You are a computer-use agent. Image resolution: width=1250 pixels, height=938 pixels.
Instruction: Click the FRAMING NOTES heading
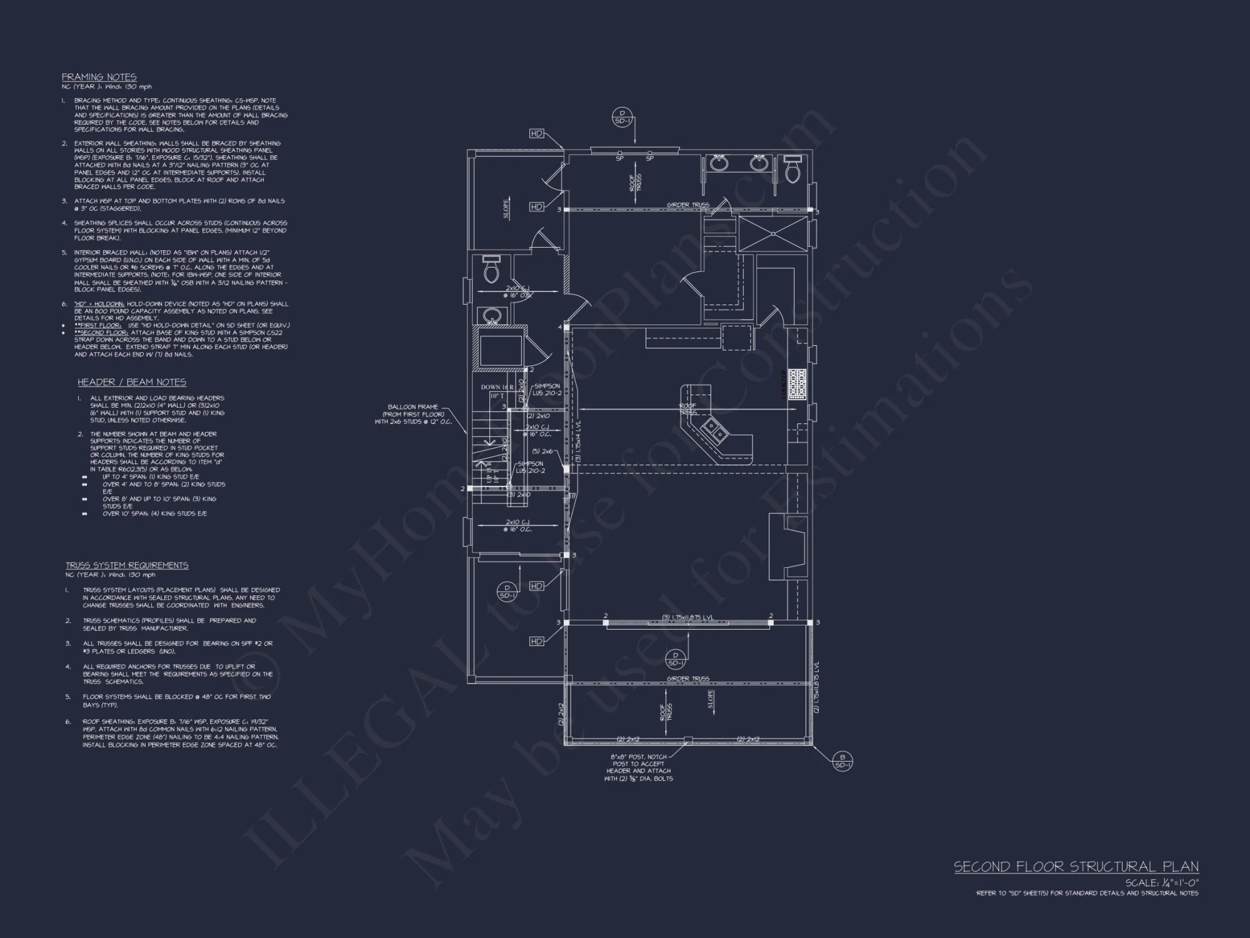99,77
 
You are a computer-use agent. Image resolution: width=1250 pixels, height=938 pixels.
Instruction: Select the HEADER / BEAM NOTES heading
132,382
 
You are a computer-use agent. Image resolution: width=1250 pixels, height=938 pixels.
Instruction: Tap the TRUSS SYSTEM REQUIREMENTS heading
127,565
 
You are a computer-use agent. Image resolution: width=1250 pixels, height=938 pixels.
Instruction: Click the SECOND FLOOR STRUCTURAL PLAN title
1076,867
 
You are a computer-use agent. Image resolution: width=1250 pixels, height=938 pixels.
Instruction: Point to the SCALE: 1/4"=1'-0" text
1162,883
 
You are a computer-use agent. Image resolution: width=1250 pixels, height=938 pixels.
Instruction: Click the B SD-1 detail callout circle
842,762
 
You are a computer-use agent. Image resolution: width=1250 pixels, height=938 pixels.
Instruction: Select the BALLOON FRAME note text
412,414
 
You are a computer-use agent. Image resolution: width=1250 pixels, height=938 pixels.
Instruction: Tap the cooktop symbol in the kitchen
797,384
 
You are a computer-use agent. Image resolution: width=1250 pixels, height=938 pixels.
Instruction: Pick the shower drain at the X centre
774,234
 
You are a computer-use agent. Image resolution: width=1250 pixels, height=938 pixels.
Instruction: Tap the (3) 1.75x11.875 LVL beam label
687,618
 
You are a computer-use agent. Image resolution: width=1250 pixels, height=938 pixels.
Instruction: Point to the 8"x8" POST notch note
638,767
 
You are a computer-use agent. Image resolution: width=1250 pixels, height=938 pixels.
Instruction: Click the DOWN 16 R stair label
497,387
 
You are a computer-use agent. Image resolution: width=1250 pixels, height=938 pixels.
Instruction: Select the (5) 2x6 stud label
542,451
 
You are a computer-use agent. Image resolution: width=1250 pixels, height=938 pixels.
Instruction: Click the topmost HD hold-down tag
536,134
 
